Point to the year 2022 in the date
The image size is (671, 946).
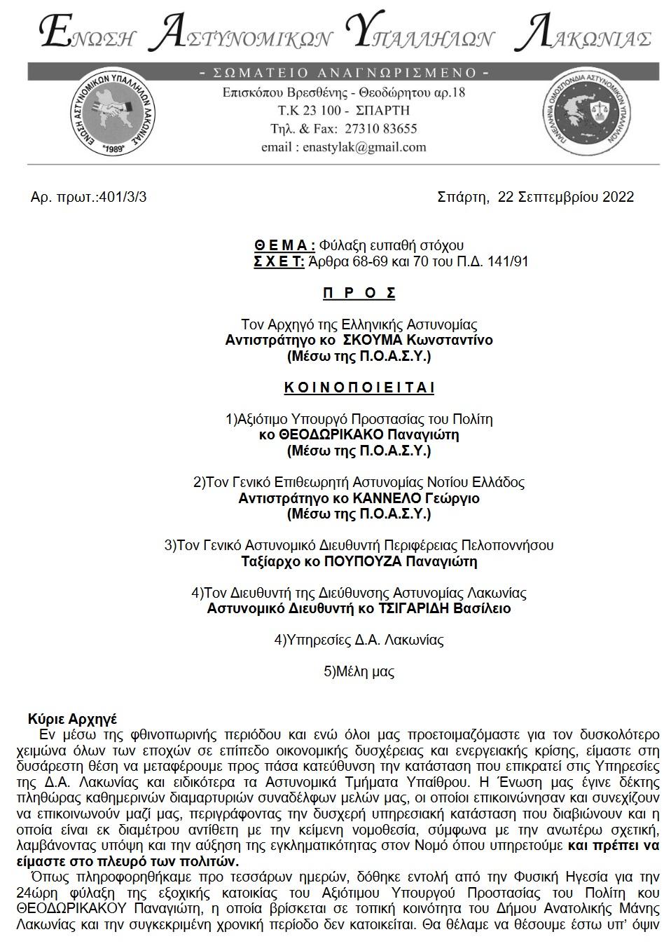(x=617, y=197)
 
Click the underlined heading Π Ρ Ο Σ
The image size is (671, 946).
(x=359, y=293)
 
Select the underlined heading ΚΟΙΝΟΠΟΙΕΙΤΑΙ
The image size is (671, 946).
(x=359, y=388)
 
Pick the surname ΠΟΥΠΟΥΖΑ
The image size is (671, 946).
(x=364, y=561)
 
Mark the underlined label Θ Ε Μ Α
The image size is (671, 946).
(x=284, y=245)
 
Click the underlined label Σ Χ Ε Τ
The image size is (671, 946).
(x=278, y=262)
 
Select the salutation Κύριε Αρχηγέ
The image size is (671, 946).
(x=72, y=719)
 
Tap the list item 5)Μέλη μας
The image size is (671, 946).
(x=359, y=671)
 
